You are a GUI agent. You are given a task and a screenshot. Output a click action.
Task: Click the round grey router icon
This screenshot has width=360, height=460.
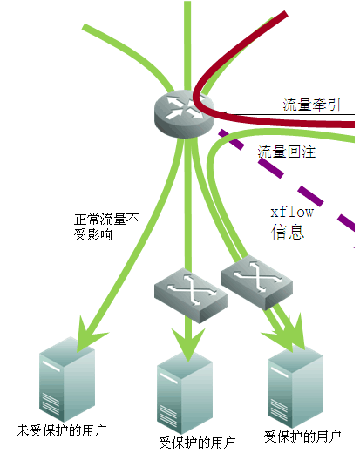tap(184, 114)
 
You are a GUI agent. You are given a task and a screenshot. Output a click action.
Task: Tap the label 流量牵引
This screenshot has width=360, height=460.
tap(311, 105)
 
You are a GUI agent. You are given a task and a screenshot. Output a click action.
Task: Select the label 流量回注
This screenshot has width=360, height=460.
tap(287, 152)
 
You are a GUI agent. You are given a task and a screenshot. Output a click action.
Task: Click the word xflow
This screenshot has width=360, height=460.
tap(292, 212)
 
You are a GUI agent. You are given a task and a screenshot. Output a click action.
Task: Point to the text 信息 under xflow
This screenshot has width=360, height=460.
tap(288, 232)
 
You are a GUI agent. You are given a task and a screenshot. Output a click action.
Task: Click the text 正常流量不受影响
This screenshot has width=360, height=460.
tap(106, 227)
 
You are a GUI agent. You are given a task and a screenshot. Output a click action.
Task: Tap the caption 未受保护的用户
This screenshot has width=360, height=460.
tap(61, 430)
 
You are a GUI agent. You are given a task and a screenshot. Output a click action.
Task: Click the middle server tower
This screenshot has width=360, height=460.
tap(185, 394)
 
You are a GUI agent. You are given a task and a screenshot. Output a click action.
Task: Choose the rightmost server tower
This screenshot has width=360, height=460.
tap(295, 387)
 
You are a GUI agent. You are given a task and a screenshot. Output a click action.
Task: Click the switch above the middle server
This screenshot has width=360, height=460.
tap(191, 294)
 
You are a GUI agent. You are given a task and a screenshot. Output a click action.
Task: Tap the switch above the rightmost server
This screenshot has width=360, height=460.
tap(256, 282)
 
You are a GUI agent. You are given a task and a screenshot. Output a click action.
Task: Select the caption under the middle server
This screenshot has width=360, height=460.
tap(197, 443)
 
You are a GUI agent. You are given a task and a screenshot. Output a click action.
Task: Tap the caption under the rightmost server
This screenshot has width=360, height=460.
tap(302, 436)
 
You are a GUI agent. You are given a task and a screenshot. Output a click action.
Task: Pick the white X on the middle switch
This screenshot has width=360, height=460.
tap(192, 289)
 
